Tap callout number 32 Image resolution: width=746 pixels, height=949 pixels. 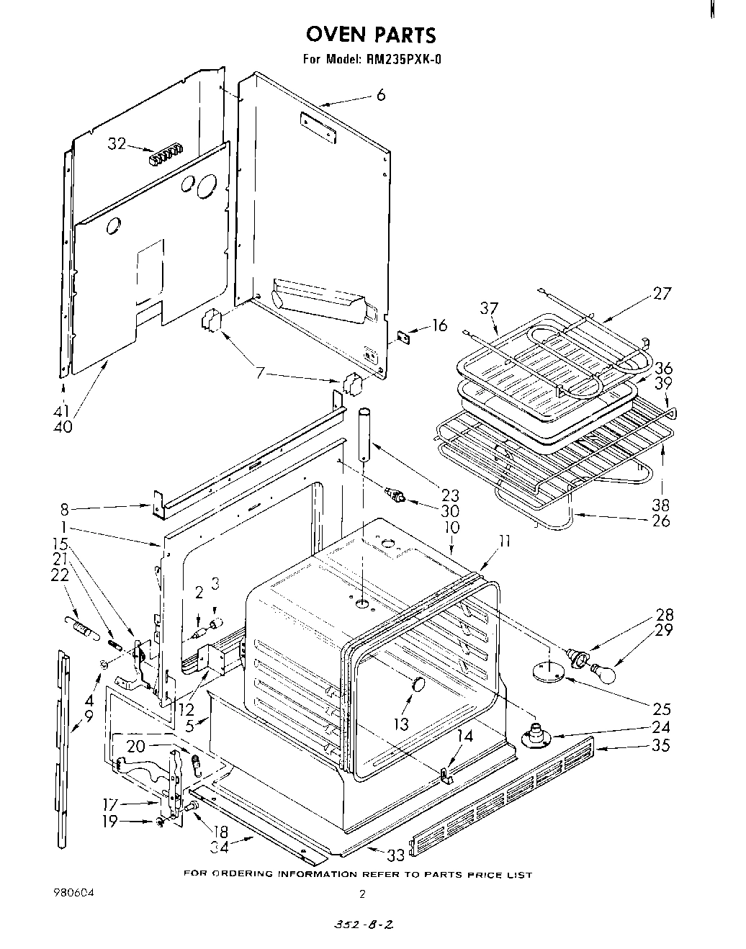click(117, 144)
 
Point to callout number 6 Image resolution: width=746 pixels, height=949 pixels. click(381, 94)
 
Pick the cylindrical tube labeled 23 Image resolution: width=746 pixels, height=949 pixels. click(367, 437)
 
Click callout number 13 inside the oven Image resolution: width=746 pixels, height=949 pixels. click(401, 723)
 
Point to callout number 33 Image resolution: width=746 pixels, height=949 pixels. click(395, 855)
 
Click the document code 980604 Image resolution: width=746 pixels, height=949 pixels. click(73, 893)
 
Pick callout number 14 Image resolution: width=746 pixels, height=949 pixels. click(466, 735)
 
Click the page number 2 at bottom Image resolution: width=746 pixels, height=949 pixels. click(363, 895)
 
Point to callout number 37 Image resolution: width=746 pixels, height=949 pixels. click(489, 308)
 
